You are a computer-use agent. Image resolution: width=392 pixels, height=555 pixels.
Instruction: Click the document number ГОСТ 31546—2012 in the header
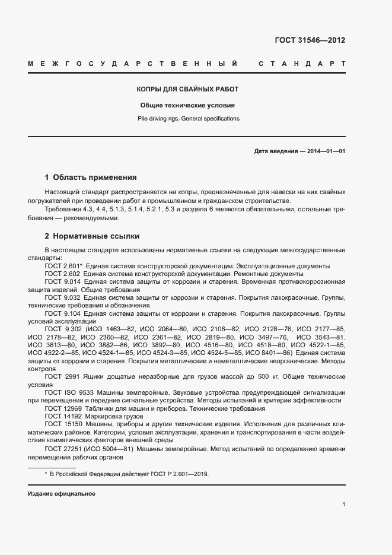310,40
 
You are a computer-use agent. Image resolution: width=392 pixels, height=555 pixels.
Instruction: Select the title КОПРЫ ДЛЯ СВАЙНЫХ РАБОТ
187,89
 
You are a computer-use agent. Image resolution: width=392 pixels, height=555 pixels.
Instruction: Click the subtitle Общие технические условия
187,104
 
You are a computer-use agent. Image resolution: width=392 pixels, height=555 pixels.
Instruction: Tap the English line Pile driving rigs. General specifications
187,119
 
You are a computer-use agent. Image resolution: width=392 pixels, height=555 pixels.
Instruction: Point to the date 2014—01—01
325,151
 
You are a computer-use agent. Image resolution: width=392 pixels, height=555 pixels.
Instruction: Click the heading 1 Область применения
91,177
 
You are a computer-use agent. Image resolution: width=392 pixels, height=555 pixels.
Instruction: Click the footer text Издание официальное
61,494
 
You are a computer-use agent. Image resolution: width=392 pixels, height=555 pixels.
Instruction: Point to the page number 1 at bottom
343,505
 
